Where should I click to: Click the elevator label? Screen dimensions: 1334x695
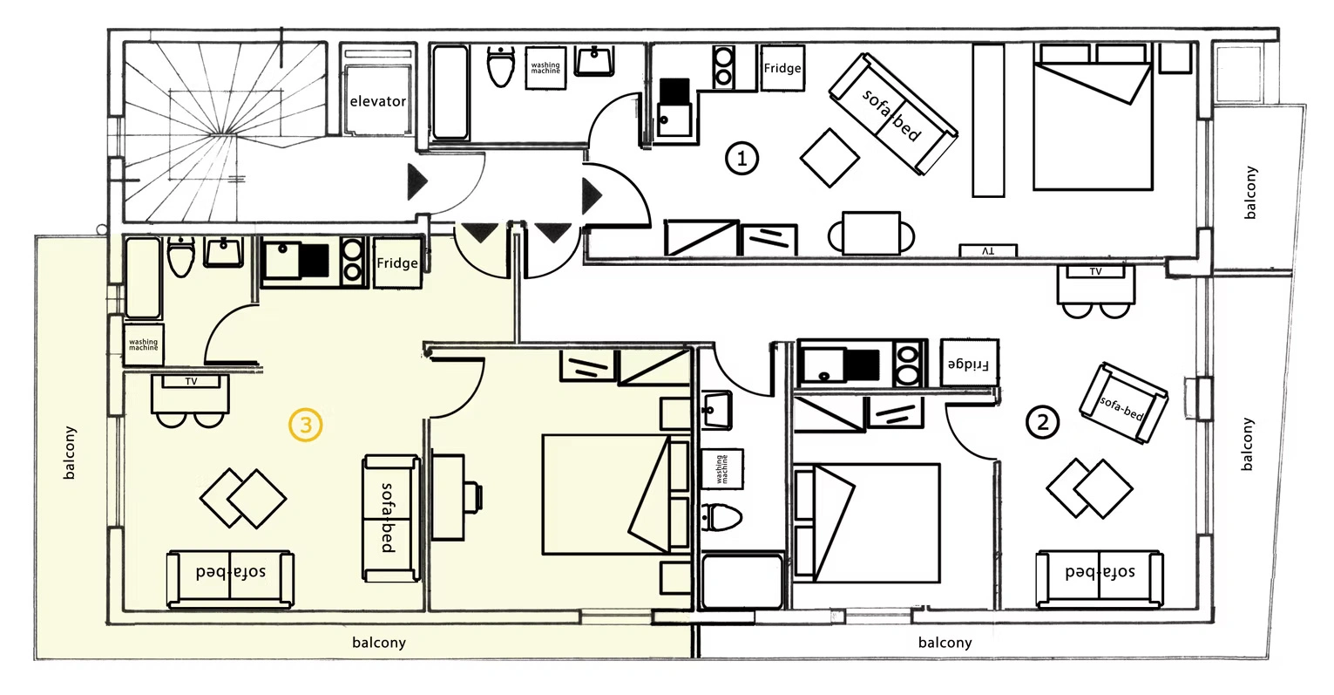377,101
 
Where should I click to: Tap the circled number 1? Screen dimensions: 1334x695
741,159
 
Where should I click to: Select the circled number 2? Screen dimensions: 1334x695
1042,423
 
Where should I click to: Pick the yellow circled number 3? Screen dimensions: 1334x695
306,425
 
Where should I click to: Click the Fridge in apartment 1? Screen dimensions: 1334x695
782,68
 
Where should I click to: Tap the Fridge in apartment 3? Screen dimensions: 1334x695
397,262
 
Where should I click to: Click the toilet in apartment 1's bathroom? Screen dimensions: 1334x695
501,67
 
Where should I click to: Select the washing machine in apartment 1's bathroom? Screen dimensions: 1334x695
545,68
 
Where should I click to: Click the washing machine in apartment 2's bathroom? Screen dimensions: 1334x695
722,469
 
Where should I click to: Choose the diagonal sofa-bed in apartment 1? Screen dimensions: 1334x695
893,114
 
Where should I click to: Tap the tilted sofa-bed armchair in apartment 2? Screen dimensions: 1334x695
1123,404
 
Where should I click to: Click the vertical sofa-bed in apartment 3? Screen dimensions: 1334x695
391,518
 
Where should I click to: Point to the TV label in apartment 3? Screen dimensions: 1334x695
191,381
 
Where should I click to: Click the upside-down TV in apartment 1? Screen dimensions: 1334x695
987,251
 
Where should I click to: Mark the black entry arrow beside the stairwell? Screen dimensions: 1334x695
417,181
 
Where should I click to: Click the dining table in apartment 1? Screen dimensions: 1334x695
870,234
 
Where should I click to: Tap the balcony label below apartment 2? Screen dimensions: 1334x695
945,643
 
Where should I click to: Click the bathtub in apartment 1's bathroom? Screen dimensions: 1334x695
450,92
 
